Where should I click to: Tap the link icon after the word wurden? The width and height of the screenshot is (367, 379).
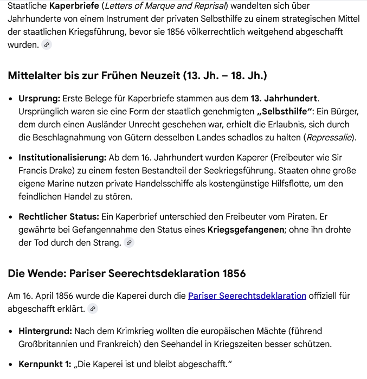click(x=47, y=45)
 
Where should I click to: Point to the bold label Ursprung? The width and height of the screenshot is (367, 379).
click(x=39, y=99)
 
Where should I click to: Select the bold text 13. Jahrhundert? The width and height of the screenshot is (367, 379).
click(x=284, y=99)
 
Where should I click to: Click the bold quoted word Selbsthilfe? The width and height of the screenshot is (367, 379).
click(x=285, y=112)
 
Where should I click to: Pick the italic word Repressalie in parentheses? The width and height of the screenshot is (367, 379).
click(x=329, y=138)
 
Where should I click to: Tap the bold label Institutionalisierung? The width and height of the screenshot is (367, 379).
click(x=62, y=158)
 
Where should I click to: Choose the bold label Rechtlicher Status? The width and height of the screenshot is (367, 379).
click(x=59, y=217)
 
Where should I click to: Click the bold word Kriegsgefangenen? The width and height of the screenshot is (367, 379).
click(x=246, y=230)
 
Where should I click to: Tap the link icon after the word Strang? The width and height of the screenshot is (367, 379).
click(x=129, y=243)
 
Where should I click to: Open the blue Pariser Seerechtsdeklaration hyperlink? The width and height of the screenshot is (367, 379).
click(x=247, y=296)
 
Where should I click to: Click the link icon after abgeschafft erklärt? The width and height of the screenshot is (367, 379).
click(x=93, y=309)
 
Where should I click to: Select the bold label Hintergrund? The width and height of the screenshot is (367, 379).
click(x=45, y=331)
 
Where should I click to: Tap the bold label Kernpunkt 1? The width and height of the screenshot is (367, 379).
click(x=44, y=364)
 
